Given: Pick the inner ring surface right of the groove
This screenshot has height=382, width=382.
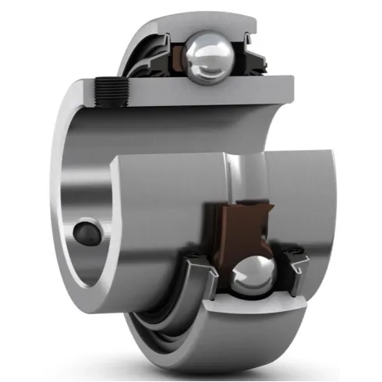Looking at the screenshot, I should (x=304, y=195).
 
